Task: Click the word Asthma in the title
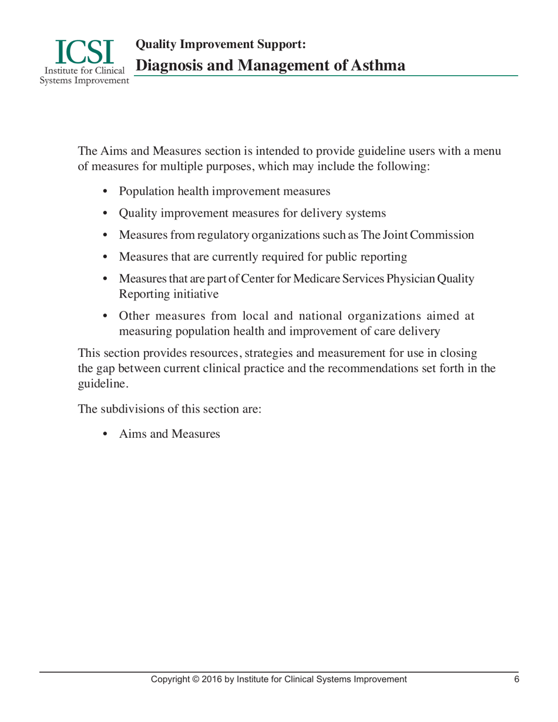pyautogui.click(x=377, y=65)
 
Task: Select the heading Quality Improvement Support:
pyautogui.click(x=220, y=44)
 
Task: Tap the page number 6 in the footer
pyautogui.click(x=516, y=679)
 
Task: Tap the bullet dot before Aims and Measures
pyautogui.click(x=106, y=434)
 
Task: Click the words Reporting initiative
pyautogui.click(x=169, y=293)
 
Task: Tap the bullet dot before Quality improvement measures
pyautogui.click(x=106, y=213)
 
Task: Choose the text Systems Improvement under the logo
pyautogui.click(x=84, y=80)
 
